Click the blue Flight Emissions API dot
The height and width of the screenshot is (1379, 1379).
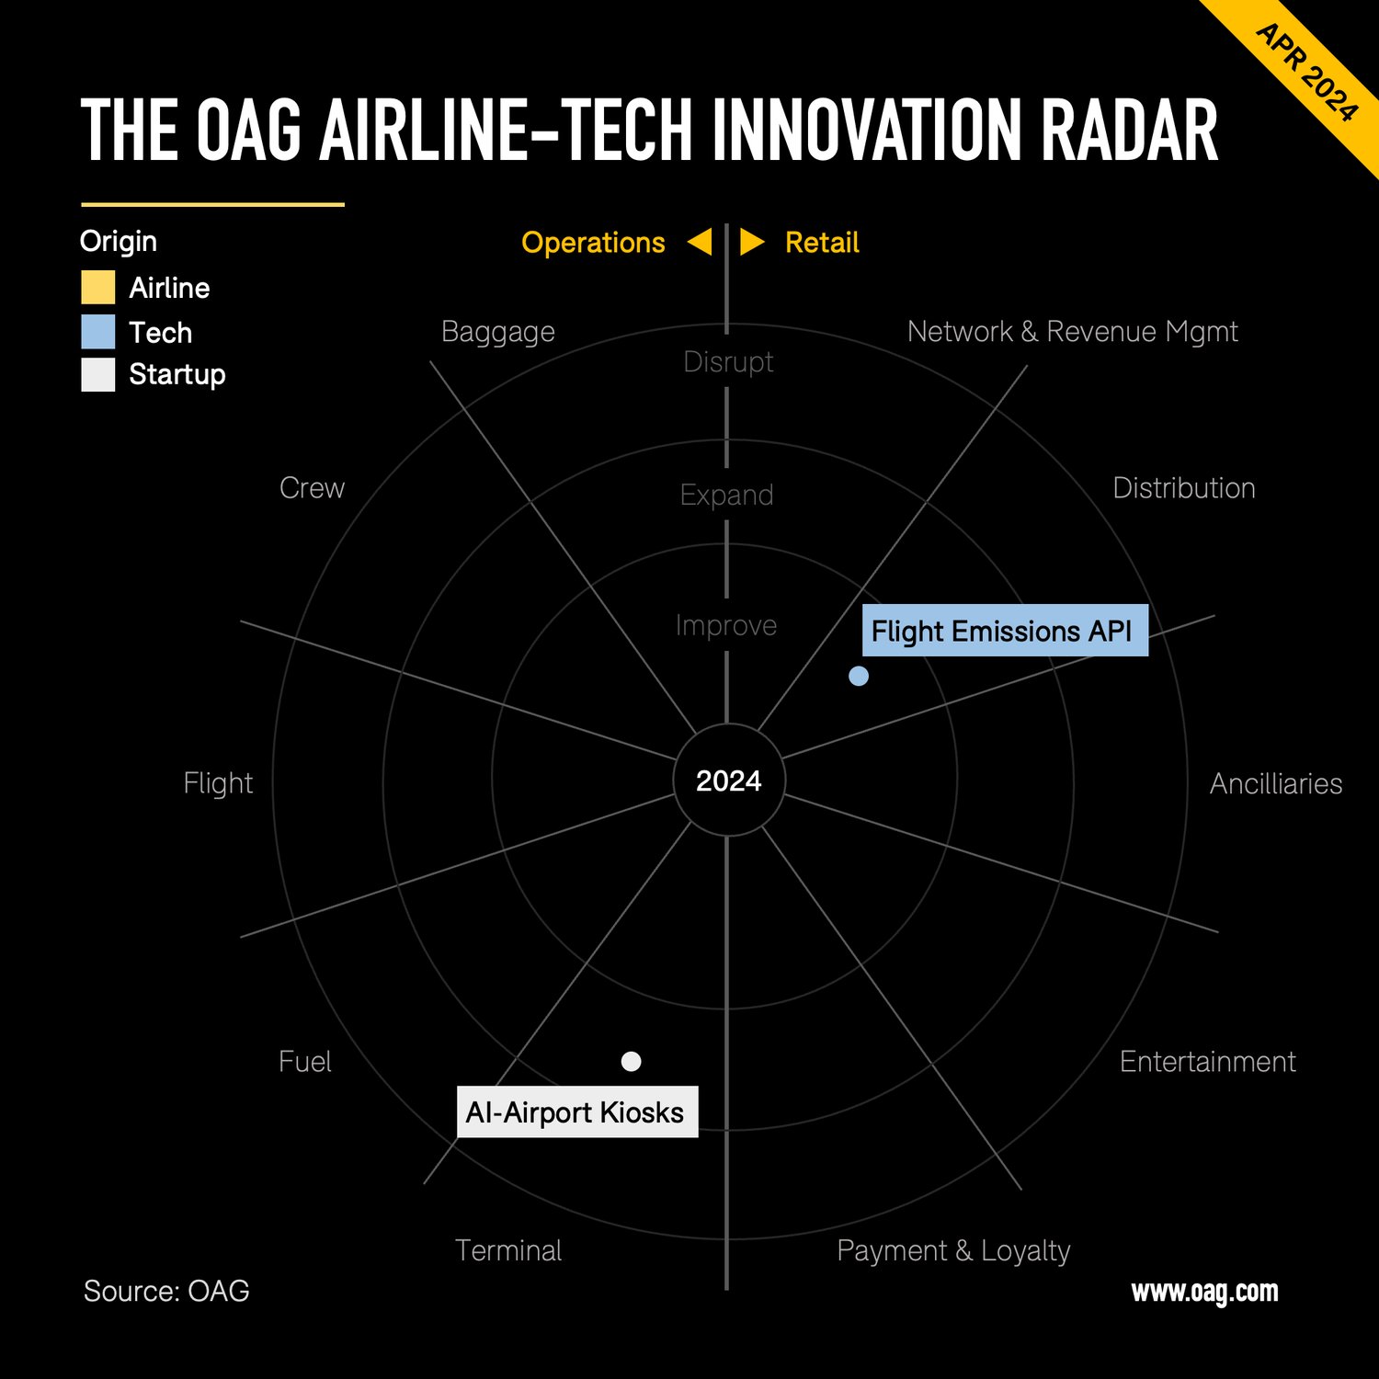click(x=859, y=677)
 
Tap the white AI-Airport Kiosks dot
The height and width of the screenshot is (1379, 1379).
click(x=631, y=1062)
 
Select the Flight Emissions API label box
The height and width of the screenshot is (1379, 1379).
click(x=1004, y=631)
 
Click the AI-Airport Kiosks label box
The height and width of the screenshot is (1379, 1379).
click(x=576, y=1112)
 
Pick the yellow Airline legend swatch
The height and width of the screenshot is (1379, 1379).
click(x=98, y=288)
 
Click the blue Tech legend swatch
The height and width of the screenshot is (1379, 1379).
click(x=98, y=332)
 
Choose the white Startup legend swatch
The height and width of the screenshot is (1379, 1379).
click(x=98, y=375)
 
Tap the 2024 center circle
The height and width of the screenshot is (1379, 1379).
click(x=728, y=781)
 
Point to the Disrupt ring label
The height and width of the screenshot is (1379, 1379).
click(x=728, y=362)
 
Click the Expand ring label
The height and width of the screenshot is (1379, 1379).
click(x=726, y=495)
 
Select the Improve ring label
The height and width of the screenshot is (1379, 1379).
click(x=726, y=625)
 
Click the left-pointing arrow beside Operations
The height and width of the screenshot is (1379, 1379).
click(x=701, y=242)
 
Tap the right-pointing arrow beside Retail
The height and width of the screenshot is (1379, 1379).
click(x=751, y=242)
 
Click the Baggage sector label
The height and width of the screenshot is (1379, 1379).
click(x=497, y=331)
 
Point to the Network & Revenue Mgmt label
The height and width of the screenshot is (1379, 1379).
click(x=1072, y=331)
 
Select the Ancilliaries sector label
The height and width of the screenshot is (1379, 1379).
click(x=1275, y=783)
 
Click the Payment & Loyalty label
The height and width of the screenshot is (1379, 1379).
click(x=953, y=1250)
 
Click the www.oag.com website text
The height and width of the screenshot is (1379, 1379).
click(x=1204, y=1292)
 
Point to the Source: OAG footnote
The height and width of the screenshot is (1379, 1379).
click(x=166, y=1291)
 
